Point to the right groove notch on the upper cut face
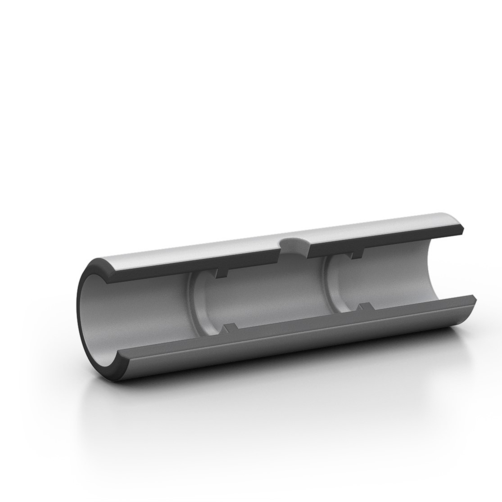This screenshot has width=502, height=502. coord(356,255)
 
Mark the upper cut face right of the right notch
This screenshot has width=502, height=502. coord(405,237)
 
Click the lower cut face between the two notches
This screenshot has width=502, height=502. coord(297,322)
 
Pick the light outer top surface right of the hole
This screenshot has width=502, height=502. coord(383,225)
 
